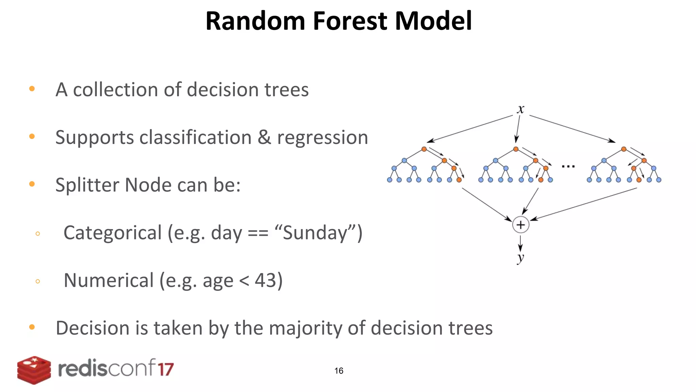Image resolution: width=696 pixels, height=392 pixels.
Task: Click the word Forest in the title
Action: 350,21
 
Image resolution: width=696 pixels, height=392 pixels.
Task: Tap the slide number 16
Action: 339,371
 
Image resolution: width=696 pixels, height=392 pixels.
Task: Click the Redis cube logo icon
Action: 34,370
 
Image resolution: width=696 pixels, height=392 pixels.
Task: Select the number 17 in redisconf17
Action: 166,369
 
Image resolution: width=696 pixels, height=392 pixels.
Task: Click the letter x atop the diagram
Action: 520,110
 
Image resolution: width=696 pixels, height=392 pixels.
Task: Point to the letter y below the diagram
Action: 520,257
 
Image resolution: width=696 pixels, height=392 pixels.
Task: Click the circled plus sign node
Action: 521,225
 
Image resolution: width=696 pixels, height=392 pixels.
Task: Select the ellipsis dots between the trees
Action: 568,166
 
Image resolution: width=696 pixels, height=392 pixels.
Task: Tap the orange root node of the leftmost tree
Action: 424,149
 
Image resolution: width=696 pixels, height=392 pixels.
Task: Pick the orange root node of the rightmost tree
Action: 624,149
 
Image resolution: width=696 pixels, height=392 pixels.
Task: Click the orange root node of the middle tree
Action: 516,149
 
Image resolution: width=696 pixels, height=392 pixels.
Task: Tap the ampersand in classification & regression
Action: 264,137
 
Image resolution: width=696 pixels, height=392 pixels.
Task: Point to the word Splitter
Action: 87,185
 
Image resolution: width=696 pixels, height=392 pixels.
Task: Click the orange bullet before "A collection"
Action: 32,89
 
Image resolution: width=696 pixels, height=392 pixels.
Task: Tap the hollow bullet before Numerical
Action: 38,281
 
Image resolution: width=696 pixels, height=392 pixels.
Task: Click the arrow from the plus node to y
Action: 520,243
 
